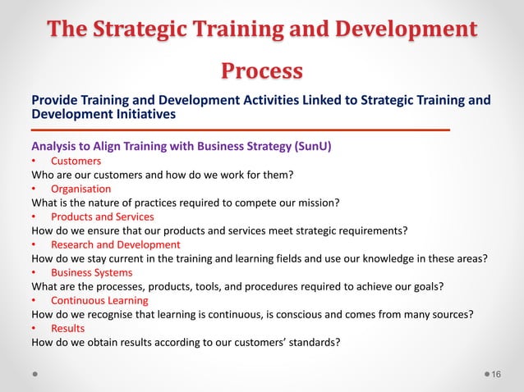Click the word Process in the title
tap(261, 71)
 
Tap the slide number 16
tap(496, 375)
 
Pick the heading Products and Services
tap(102, 217)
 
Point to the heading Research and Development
tap(115, 244)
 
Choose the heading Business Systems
tap(91, 272)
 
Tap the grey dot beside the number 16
tap(483, 375)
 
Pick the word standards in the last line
tap(312, 342)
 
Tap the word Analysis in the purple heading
tap(55, 147)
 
